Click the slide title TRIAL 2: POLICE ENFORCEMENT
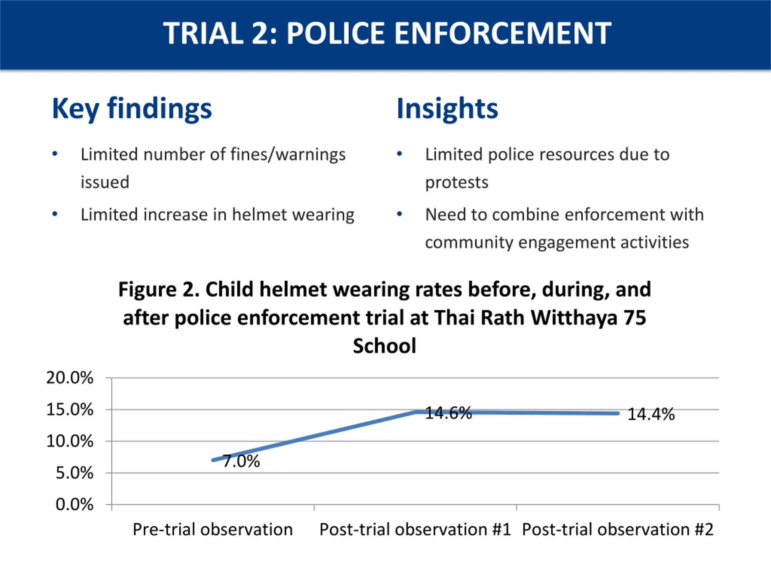387,33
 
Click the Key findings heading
132,109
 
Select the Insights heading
447,109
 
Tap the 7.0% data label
241,461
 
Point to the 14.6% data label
448,413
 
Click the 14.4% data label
651,414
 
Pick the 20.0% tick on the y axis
70,378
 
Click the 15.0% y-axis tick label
70,409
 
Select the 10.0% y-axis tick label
70,441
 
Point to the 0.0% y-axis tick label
74,505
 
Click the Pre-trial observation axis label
213,530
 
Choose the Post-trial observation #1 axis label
415,530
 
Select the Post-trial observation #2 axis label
618,530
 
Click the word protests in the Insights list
457,182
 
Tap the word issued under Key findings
105,182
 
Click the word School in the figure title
385,346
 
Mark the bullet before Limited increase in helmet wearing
55,214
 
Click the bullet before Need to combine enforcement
399,214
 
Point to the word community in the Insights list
469,242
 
